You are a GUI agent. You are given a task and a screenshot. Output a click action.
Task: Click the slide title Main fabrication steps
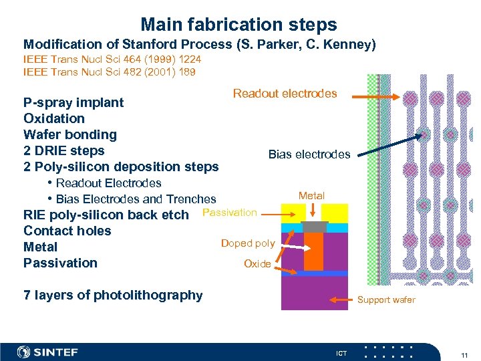[x=238, y=25]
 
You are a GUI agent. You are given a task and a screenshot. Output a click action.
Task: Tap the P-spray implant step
[x=73, y=102]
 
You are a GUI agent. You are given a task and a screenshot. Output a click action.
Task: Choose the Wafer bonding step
[x=69, y=134]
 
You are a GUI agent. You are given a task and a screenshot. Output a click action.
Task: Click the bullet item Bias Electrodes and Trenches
[x=136, y=199]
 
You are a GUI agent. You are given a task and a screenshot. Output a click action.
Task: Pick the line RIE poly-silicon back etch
[x=106, y=215]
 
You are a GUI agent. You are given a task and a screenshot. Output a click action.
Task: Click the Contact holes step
[x=67, y=231]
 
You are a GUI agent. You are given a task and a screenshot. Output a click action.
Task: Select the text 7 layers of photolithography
[x=112, y=295]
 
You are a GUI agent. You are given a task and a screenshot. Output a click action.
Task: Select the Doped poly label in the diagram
[x=247, y=243]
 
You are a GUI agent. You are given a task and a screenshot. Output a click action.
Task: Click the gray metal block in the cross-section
[x=314, y=227]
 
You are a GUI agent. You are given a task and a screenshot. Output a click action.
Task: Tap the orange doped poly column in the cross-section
[x=313, y=251]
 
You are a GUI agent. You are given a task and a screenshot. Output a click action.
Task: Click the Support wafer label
[x=385, y=299]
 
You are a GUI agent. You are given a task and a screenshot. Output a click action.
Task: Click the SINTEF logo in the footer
[x=47, y=352]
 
